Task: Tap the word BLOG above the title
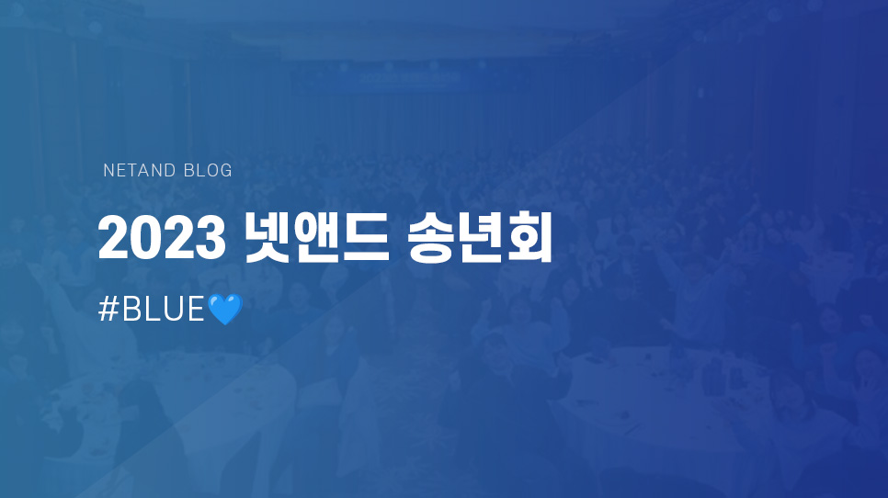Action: [208, 170]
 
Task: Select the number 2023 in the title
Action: [162, 238]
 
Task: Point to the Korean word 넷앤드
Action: [316, 238]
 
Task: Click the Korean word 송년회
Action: [479, 238]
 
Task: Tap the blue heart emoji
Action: [225, 309]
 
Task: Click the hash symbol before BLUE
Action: [108, 310]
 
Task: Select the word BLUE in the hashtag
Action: [163, 310]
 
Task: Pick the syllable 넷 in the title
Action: [268, 238]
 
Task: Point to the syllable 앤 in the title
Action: [316, 238]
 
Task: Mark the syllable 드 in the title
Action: [366, 239]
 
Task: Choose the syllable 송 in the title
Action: [430, 238]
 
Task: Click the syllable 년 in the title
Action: [480, 238]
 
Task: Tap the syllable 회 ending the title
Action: [529, 238]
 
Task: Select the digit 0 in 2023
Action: [146, 238]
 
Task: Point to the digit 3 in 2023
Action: [211, 238]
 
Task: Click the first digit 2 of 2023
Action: [114, 238]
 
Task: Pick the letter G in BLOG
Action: [225, 170]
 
